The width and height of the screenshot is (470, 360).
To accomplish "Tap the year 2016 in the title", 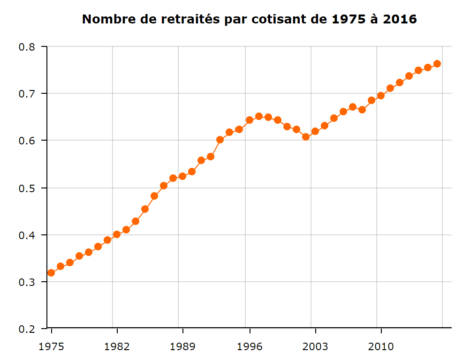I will (400, 19).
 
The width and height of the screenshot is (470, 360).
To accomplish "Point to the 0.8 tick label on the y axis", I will (27, 47).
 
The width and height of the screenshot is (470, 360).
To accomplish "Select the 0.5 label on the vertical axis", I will (27, 188).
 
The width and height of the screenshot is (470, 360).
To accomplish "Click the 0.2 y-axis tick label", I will (27, 329).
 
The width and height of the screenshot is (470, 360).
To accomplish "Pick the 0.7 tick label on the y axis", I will (27, 94).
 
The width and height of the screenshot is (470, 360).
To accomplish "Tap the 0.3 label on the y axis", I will (27, 282).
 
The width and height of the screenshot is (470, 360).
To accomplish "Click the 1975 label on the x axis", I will (51, 347).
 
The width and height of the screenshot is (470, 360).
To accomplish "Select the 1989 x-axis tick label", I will (183, 347).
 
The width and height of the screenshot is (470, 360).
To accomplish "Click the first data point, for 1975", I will (51, 273).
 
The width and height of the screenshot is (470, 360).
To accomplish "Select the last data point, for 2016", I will (437, 64).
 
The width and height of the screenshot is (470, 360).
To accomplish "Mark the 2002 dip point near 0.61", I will (306, 137).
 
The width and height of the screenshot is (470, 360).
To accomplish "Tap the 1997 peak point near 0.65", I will (259, 116).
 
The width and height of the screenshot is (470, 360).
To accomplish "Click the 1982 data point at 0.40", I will (117, 234).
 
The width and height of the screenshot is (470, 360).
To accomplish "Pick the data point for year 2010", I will (381, 96).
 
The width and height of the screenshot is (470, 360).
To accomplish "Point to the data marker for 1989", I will (182, 176).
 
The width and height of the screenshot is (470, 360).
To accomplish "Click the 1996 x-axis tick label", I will (249, 347).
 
